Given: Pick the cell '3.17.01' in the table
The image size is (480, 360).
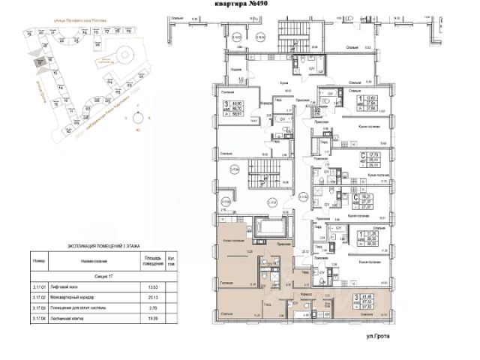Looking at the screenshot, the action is (40, 286).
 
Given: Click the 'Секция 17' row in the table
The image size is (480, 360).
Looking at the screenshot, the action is (100, 275).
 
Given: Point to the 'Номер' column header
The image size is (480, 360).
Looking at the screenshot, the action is (40, 260).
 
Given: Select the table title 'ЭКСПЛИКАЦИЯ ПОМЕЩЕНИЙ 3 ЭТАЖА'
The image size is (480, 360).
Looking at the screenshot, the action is (99, 246).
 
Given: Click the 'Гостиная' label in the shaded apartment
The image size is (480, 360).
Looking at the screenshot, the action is (229, 283).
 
